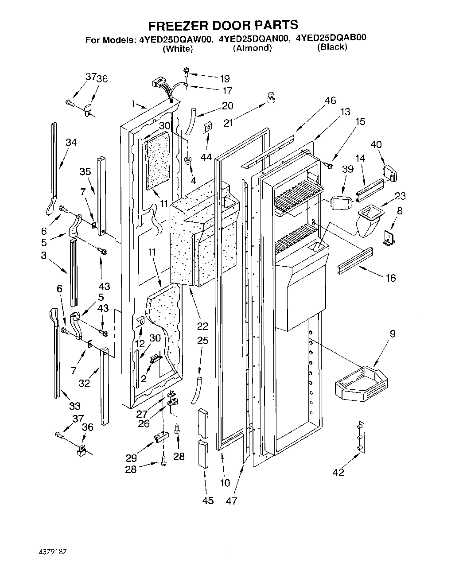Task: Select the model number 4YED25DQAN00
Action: point(252,39)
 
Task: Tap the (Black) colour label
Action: point(332,47)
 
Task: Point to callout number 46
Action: point(330,101)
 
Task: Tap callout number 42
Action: point(338,473)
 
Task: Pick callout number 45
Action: point(207,501)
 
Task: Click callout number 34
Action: point(71,142)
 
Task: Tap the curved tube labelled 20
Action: point(190,121)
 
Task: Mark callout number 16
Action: point(390,278)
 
